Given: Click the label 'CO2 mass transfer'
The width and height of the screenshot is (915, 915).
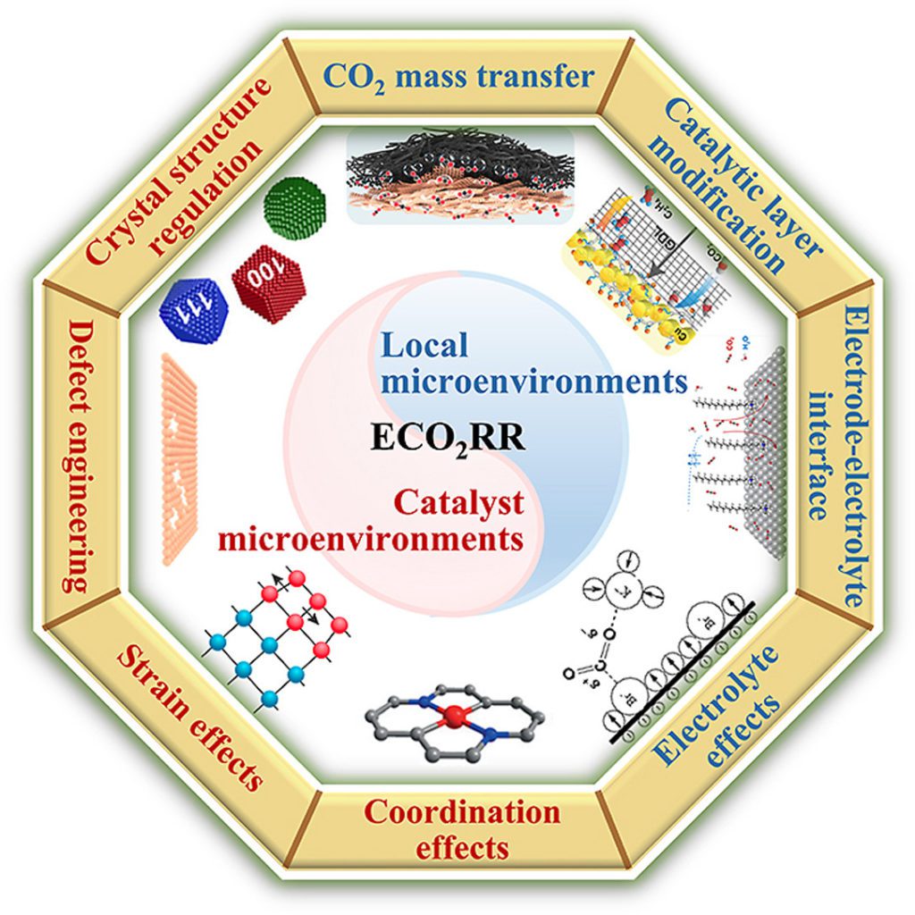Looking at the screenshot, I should click(x=457, y=76).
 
